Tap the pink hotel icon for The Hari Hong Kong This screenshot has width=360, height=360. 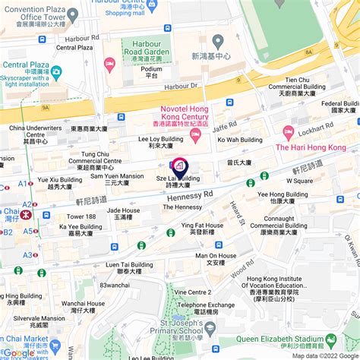pyautogui.click(x=288, y=132)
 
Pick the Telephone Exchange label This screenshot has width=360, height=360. pyautogui.click(x=206, y=308)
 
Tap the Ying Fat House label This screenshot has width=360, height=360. pyautogui.click(x=202, y=229)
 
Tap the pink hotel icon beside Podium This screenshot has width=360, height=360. pyautogui.click(x=109, y=64)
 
